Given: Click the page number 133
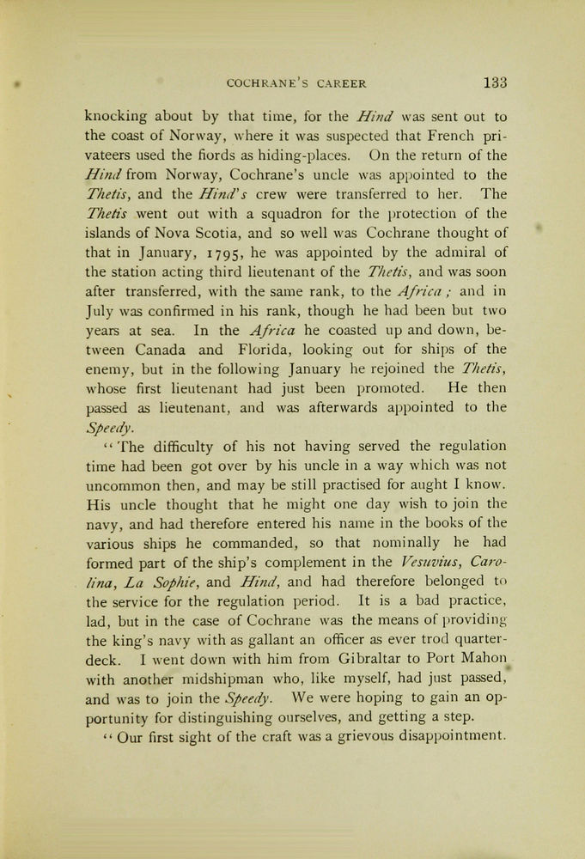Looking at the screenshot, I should coord(495,83).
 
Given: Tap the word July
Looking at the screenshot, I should coord(101,311).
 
